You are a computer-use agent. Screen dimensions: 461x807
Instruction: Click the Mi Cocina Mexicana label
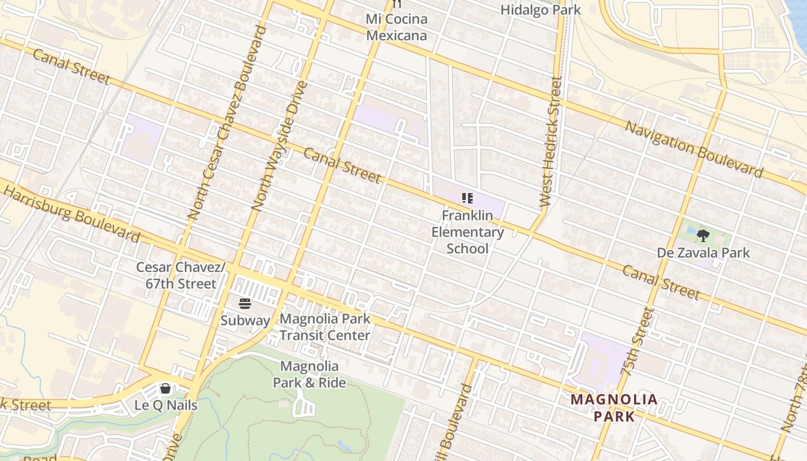(397, 27)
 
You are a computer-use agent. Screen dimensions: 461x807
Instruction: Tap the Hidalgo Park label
(540, 10)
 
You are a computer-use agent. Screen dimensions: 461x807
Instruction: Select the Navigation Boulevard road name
(694, 149)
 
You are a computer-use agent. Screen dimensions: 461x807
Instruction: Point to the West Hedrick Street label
(550, 142)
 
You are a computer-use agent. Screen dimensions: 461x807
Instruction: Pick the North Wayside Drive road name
(280, 145)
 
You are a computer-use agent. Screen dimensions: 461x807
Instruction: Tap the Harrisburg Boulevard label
(71, 213)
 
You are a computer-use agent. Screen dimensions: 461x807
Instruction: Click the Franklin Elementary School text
(467, 232)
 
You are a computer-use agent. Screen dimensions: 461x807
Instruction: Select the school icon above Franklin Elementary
(467, 199)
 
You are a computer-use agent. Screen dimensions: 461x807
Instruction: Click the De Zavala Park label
(703, 252)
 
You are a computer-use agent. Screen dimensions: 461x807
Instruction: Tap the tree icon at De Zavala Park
(703, 235)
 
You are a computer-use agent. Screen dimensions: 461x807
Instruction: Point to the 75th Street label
(638, 342)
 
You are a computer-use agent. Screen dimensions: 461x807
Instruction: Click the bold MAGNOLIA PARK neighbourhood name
(614, 407)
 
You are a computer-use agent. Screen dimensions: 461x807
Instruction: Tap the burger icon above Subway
(245, 304)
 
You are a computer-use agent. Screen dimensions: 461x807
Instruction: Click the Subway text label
(245, 320)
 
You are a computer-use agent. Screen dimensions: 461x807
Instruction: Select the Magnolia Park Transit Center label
(325, 327)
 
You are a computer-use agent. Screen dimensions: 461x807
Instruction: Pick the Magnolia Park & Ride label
(310, 374)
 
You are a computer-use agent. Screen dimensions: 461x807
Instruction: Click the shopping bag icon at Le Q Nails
(165, 388)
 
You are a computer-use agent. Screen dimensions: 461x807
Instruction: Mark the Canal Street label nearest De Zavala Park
(661, 282)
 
